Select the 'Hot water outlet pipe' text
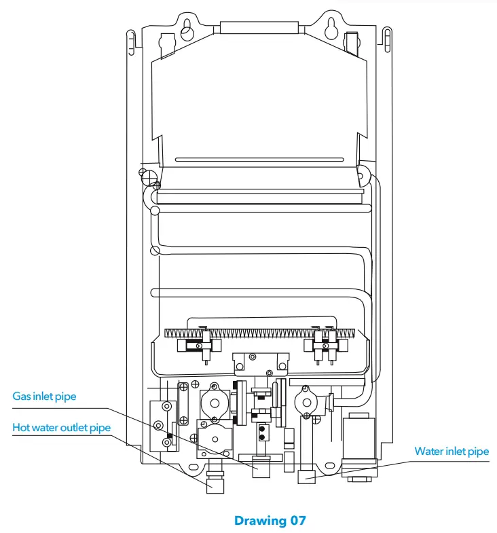(61, 428)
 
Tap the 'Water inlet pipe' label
(452, 451)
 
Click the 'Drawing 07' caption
(270, 521)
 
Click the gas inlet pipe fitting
(262, 468)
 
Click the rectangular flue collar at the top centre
(259, 27)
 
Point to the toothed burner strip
(259, 333)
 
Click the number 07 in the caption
(296, 521)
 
